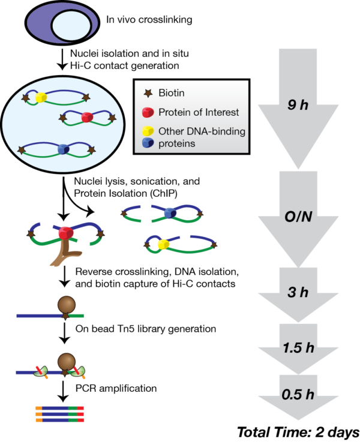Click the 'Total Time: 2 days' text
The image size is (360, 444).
pos(298,431)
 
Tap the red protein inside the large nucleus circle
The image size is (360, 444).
pos(87,116)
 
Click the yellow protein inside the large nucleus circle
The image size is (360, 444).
pos(41,98)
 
